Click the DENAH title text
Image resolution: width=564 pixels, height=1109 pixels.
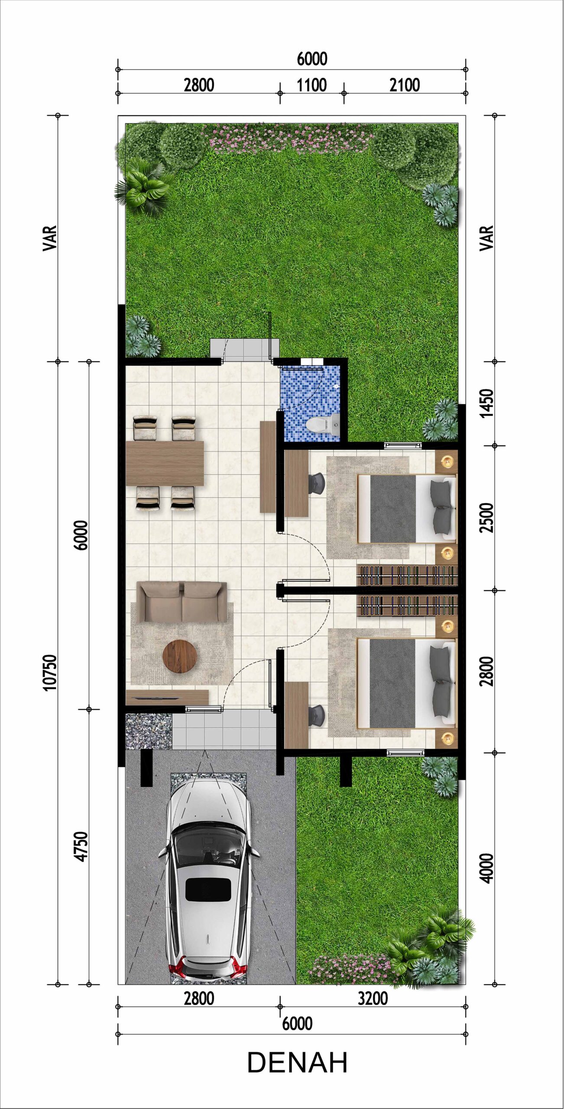[297, 1063]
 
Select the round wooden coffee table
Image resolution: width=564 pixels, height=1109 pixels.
[180, 657]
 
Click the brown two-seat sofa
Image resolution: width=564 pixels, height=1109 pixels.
[182, 601]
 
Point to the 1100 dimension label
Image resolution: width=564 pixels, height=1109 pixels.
[311, 85]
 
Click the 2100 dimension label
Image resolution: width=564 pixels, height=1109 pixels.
[405, 85]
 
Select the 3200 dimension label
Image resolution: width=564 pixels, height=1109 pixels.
[373, 999]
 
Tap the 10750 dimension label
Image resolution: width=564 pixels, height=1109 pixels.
[50, 672]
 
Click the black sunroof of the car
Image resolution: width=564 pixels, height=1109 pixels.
[208, 889]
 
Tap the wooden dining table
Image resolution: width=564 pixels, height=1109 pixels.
[165, 463]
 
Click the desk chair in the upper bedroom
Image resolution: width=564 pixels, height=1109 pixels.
[317, 483]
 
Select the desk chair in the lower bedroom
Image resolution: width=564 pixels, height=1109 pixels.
[318, 716]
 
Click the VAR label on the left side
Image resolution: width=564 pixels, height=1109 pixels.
[50, 238]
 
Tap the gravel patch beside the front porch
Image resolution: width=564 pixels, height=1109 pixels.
[149, 731]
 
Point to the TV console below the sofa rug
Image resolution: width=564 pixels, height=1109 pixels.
[167, 697]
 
